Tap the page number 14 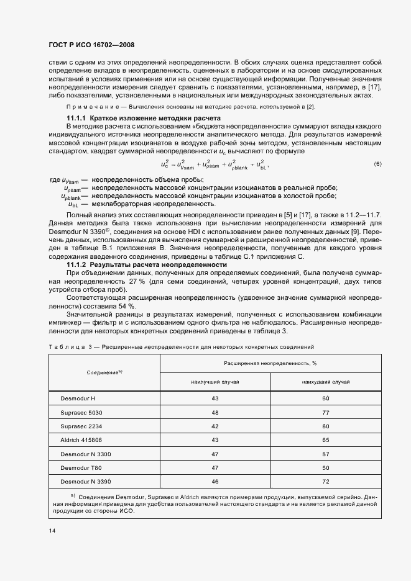pyautogui.click(x=52, y=529)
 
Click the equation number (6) pyautogui.click(x=377, y=164)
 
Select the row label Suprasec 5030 pyautogui.click(x=81, y=412)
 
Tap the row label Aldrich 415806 pyautogui.click(x=81, y=439)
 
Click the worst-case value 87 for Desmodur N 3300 pyautogui.click(x=325, y=454)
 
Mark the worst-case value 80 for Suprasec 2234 pyautogui.click(x=325, y=426)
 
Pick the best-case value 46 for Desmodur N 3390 pyautogui.click(x=215, y=482)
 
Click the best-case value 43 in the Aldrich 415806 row pyautogui.click(x=215, y=439)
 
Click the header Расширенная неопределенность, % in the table pyautogui.click(x=271, y=362)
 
